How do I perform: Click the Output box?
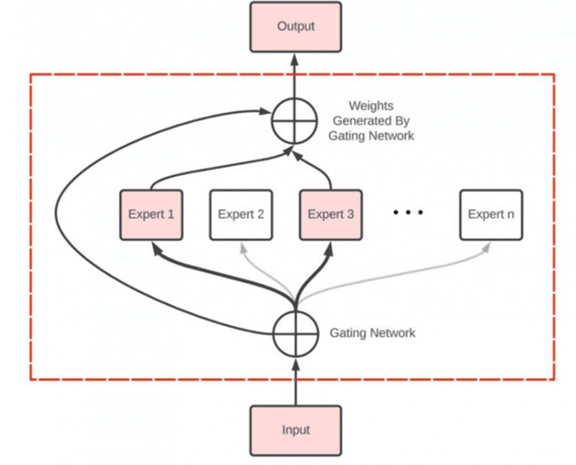click(x=296, y=26)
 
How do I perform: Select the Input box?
click(x=296, y=431)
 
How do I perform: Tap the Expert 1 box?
click(x=151, y=214)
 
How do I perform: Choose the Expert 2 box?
click(x=241, y=214)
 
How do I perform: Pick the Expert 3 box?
click(x=332, y=214)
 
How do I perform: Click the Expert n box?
click(x=491, y=214)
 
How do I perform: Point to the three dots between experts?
click(x=408, y=213)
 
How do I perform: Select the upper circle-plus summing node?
click(x=296, y=119)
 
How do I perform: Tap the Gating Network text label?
click(x=373, y=334)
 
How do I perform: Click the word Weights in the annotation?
click(x=372, y=106)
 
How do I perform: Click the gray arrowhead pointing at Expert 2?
click(x=241, y=245)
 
